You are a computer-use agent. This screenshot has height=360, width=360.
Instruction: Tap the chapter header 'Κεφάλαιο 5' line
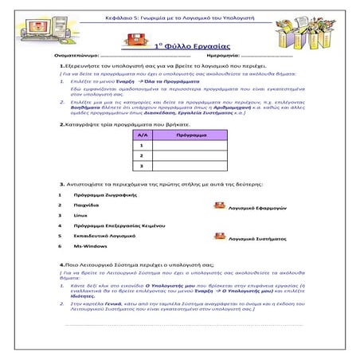[x=180, y=16]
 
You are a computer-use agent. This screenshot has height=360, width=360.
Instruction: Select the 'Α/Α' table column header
[x=143, y=136]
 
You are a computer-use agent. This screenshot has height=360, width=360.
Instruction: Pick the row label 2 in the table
[x=143, y=156]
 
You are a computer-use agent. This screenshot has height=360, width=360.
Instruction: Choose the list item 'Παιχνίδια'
[x=86, y=205]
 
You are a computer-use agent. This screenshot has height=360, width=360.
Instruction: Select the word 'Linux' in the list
[x=80, y=215]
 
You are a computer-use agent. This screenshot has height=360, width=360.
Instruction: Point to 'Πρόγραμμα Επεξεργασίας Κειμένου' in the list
[x=112, y=226]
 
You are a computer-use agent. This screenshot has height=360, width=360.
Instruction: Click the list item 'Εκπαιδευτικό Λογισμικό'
[x=103, y=237]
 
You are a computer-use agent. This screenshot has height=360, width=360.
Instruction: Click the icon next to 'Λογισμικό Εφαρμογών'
[x=220, y=205]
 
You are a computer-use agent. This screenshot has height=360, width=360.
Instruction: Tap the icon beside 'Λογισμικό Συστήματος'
[x=220, y=236]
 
